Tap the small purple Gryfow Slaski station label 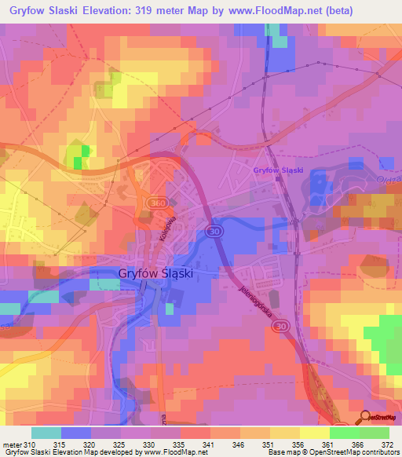click(278, 170)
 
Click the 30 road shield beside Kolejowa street click(213, 230)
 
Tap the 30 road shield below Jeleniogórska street click(282, 325)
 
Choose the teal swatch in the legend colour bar click(46, 433)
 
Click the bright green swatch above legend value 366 click(344, 433)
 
